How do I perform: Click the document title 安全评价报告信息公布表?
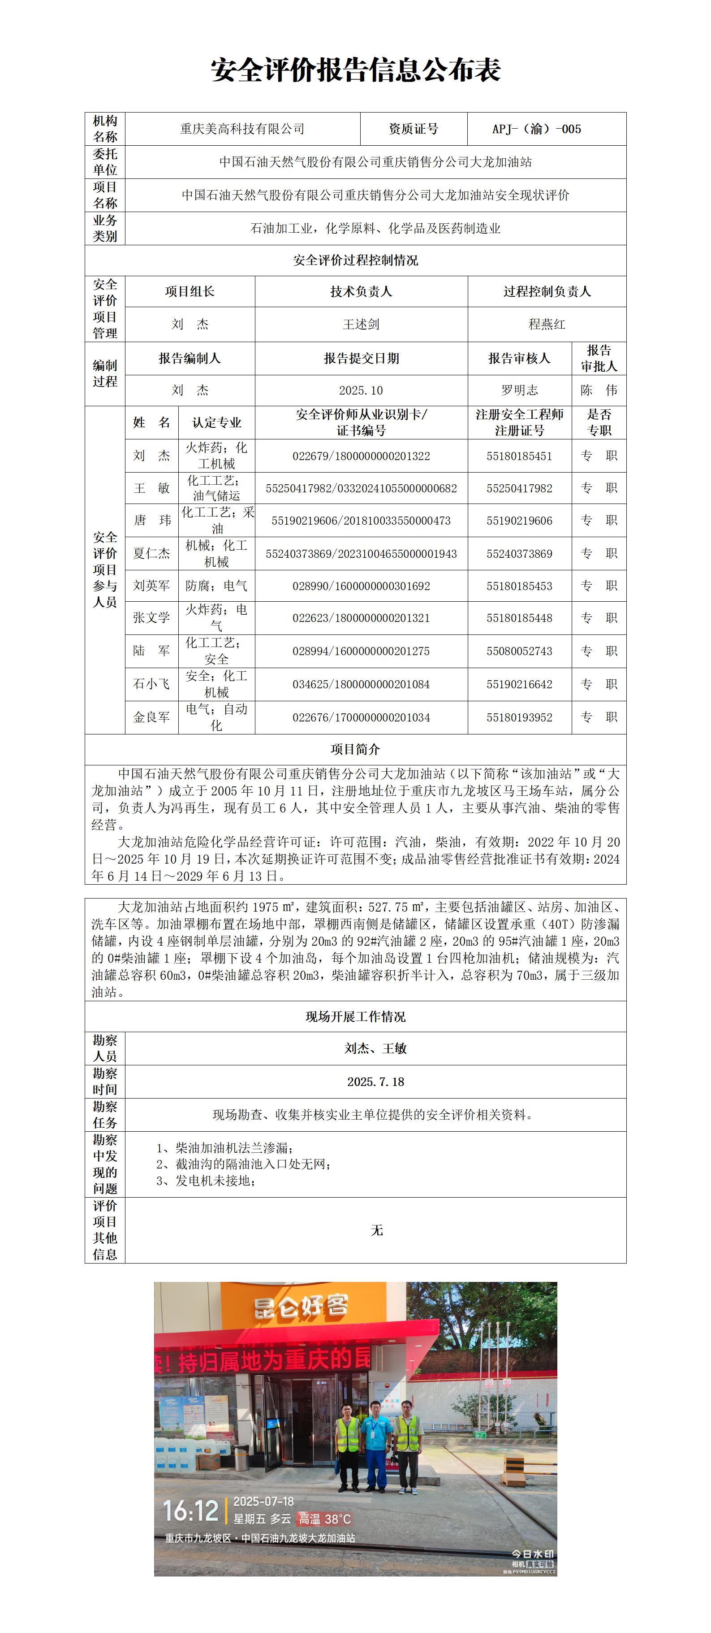pyautogui.click(x=356, y=70)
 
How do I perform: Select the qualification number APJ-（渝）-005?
pyautogui.click(x=536, y=129)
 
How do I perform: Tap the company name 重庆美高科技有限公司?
pyautogui.click(x=242, y=129)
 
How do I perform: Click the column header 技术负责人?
pyautogui.click(x=361, y=291)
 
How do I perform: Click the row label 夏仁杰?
pyautogui.click(x=151, y=553)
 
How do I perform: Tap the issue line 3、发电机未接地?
pyautogui.click(x=206, y=1181)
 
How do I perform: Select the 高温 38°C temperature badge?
pyautogui.click(x=324, y=1519)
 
